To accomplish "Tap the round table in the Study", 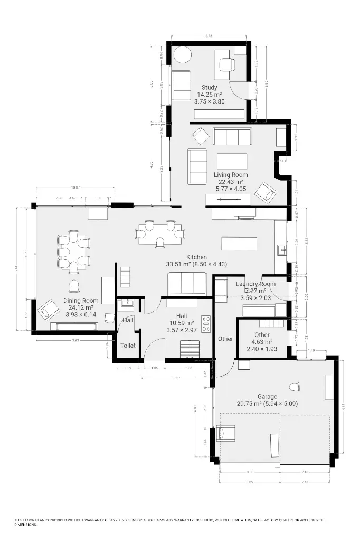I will (183, 55).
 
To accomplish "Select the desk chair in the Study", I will (227, 64).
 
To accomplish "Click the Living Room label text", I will (231, 175).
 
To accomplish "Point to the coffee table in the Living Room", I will (232, 161).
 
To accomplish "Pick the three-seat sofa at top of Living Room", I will (232, 136).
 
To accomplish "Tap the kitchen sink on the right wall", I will (281, 250).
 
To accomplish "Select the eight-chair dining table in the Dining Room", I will (74, 251).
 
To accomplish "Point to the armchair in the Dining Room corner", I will (48, 310).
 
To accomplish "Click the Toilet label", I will (128, 346).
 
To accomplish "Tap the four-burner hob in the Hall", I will (206, 323).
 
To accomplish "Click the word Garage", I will (267, 396).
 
